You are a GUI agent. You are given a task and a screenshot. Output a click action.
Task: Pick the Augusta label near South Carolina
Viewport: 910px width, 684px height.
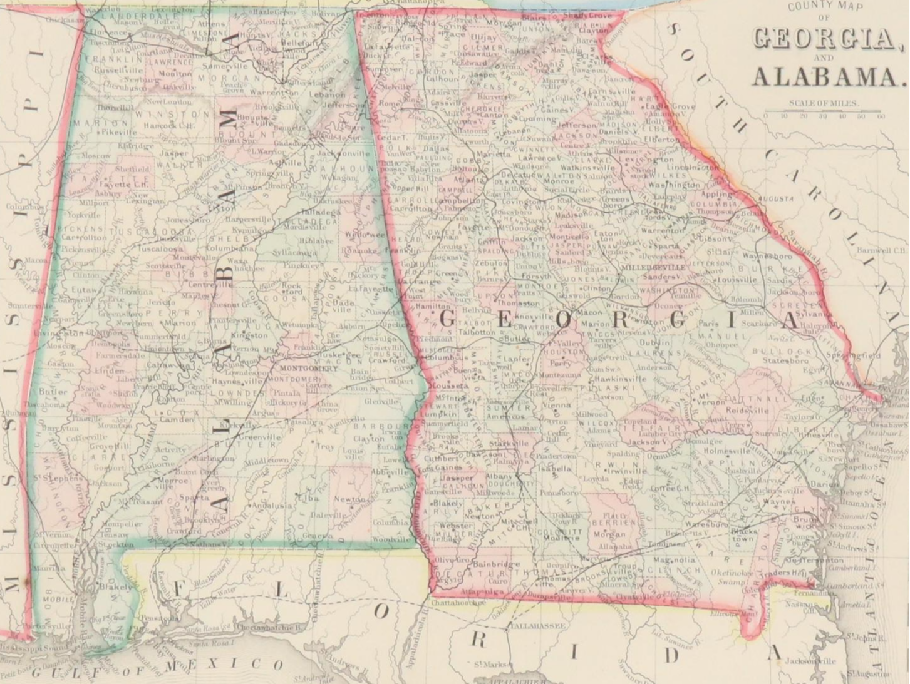pyautogui.click(x=775, y=198)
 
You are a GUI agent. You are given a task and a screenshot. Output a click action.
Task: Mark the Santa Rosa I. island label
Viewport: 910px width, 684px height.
pyautogui.click(x=213, y=642)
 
